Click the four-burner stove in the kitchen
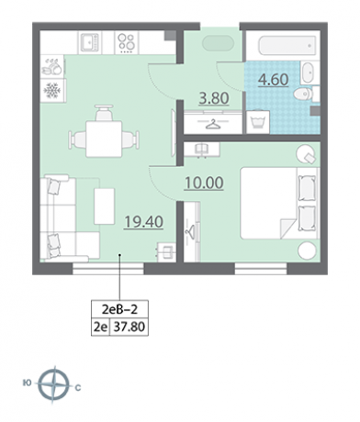pyautogui.click(x=127, y=43)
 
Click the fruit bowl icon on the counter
pyautogui.click(x=51, y=67)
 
